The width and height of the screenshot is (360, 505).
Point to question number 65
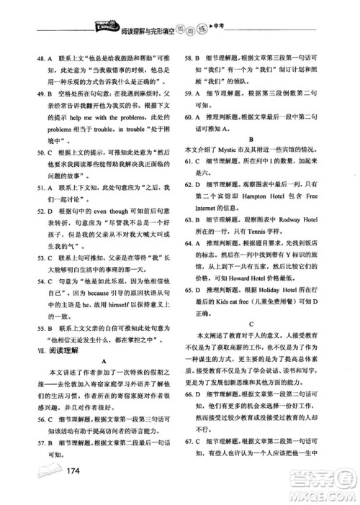point(192,290)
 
